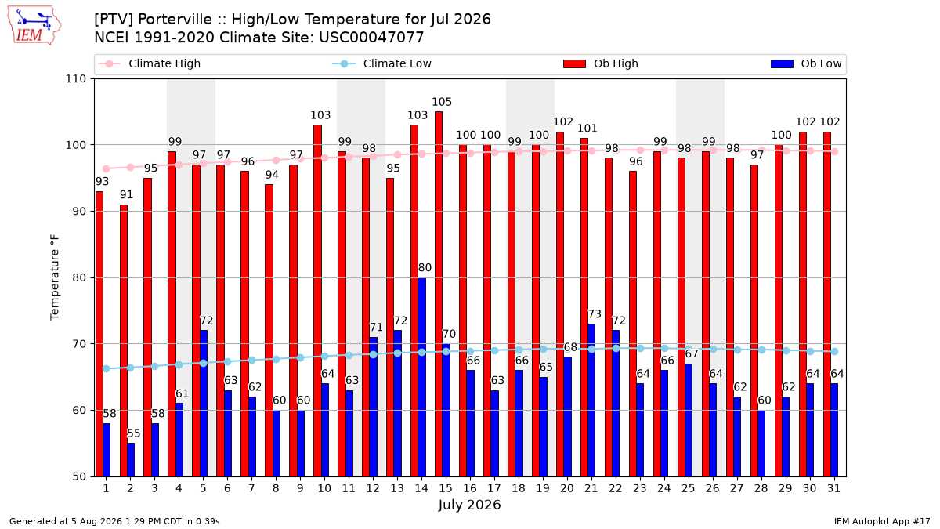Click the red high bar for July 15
[x=439, y=294]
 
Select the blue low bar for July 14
[x=421, y=377]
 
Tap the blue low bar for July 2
[x=131, y=460]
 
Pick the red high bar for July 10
[x=317, y=301]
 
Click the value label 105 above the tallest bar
[x=442, y=102]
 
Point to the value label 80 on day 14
[x=425, y=268]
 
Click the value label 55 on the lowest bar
[x=134, y=433]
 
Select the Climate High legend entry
[x=149, y=63]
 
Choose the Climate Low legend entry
[x=382, y=63]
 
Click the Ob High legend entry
[x=601, y=63]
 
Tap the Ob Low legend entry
[x=806, y=63]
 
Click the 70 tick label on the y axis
[x=79, y=344]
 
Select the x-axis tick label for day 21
[x=591, y=488]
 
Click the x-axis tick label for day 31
[x=833, y=488]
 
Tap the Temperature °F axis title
[x=55, y=277]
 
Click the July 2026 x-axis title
[x=469, y=505]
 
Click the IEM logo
[x=34, y=26]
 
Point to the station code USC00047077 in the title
[x=371, y=38]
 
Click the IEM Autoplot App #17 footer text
[x=882, y=521]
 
